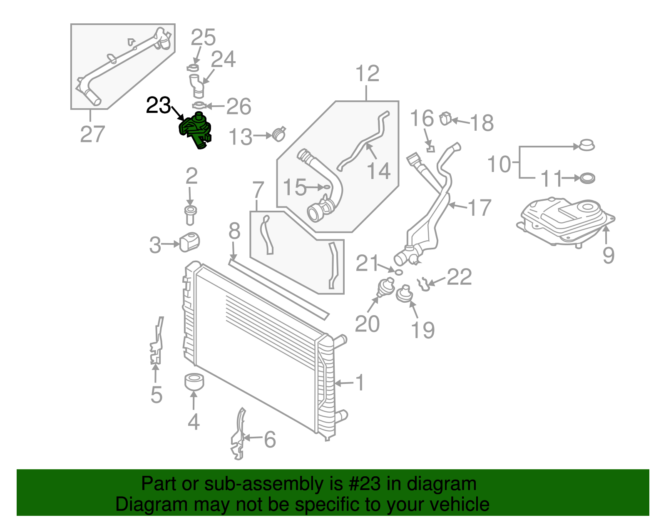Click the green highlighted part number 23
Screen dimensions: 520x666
[x=195, y=130]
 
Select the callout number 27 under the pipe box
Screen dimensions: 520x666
[x=92, y=134]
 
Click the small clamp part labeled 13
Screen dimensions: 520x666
[x=279, y=134]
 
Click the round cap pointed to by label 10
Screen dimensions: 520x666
[x=586, y=145]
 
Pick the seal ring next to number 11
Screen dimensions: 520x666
[x=587, y=178]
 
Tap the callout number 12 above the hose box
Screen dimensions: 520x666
[x=367, y=74]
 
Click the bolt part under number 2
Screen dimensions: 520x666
[x=190, y=214]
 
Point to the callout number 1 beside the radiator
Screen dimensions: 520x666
[x=360, y=382]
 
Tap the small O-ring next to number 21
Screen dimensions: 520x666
[x=398, y=272]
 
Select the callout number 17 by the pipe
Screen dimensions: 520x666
[x=479, y=207]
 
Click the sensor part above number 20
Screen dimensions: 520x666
[x=386, y=288]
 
